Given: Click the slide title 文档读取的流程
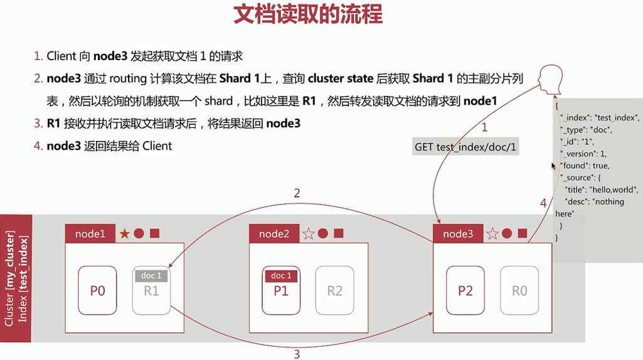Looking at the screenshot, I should click(x=307, y=15).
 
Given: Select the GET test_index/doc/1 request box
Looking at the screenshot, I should click(x=465, y=147).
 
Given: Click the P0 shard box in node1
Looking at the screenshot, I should click(x=97, y=290).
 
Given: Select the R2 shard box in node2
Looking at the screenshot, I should click(x=334, y=290).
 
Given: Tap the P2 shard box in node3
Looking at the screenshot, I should click(x=465, y=290).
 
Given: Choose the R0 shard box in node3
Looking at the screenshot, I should click(x=519, y=290).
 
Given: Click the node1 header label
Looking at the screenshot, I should click(x=90, y=234).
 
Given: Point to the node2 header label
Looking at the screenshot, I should click(x=274, y=234).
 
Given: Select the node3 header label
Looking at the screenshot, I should click(x=458, y=234).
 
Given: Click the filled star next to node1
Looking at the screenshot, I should click(x=124, y=234).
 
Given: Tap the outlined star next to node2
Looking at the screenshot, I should click(x=308, y=234).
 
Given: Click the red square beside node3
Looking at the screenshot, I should click(x=522, y=233).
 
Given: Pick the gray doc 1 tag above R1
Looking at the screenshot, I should click(x=151, y=276).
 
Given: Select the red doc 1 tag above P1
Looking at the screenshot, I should click(x=280, y=276).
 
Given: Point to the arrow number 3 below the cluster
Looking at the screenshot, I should click(x=297, y=354).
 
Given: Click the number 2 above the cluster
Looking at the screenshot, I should click(x=297, y=194).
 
